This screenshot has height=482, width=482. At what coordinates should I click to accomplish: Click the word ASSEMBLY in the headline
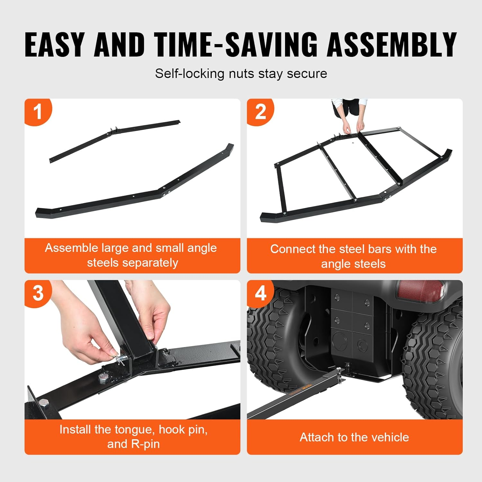tap(392, 45)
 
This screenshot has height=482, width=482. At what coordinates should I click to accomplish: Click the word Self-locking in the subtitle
tap(190, 74)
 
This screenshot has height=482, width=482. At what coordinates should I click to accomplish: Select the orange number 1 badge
tap(38, 112)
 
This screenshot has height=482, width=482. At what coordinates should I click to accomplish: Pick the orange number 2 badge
tap(260, 112)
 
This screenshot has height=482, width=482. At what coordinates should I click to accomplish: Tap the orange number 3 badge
tap(38, 293)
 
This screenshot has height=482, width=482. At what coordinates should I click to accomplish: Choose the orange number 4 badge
tap(260, 293)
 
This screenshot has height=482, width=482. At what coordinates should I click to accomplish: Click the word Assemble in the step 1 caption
tap(71, 248)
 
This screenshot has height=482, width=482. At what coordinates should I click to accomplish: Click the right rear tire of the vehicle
tap(434, 360)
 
